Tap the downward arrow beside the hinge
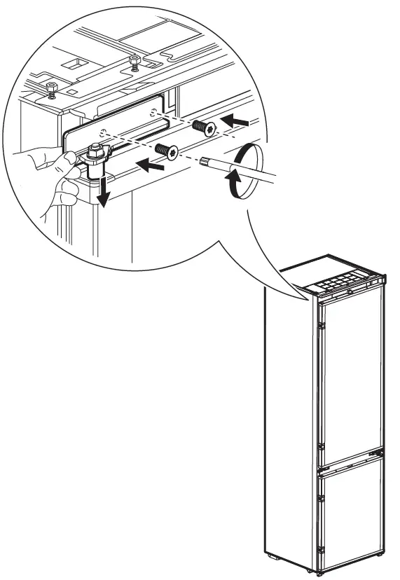coord(103,191)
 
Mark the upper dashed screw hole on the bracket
coord(152,111)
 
